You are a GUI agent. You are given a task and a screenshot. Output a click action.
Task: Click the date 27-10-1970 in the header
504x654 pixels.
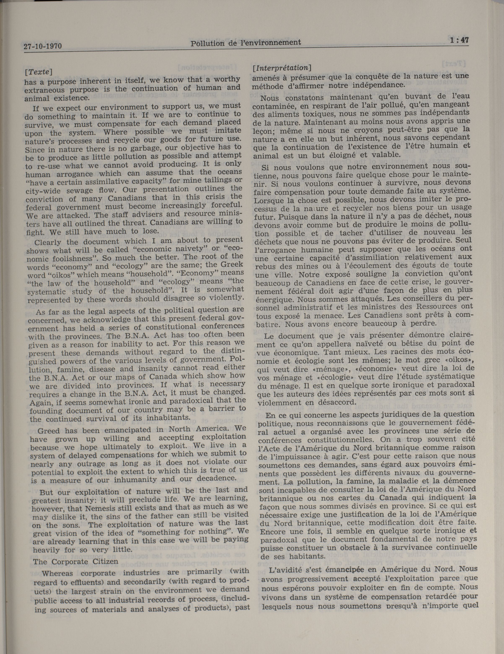pos(43,46)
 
